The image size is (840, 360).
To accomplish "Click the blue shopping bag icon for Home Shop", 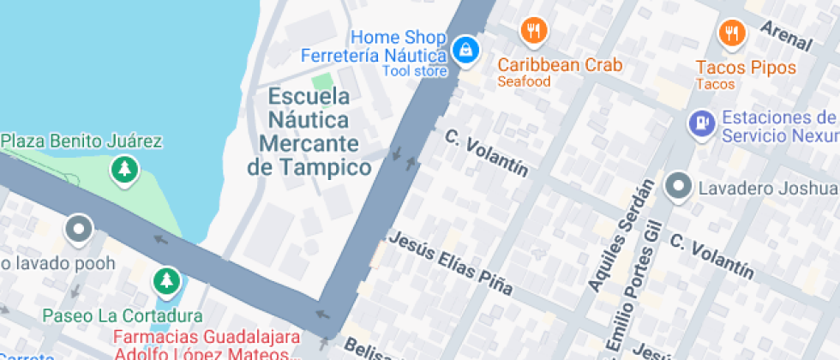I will (465, 50).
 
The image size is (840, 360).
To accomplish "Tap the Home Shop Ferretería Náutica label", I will (374, 47).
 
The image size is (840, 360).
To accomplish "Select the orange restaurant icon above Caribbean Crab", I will (534, 33).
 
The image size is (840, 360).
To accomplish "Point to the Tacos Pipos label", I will (745, 68).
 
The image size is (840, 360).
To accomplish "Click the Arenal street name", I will (786, 33).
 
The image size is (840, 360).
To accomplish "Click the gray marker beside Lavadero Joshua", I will (679, 185).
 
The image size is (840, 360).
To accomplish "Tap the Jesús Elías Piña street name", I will (451, 263).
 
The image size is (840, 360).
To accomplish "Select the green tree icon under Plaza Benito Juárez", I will (125, 169).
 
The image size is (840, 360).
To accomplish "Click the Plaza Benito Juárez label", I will (81, 141).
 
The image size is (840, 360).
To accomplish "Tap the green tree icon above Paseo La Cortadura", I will (165, 280).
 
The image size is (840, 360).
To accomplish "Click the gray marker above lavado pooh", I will (79, 228).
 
